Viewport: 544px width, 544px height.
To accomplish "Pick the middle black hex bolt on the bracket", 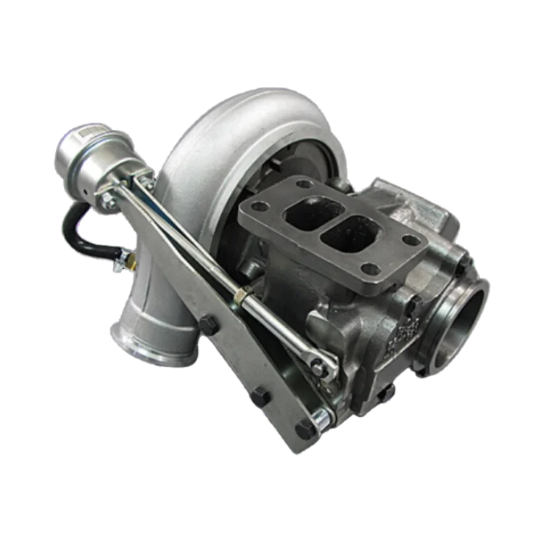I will click(261, 397).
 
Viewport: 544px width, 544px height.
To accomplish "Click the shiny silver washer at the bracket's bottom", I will click(319, 416).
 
